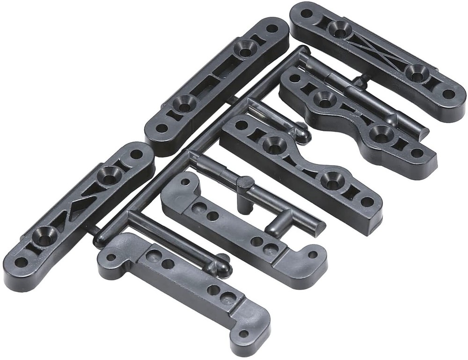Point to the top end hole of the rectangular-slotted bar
[272, 28]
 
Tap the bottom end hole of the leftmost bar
[21, 262]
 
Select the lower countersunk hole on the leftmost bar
[44, 237]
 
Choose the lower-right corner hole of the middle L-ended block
[312, 255]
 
